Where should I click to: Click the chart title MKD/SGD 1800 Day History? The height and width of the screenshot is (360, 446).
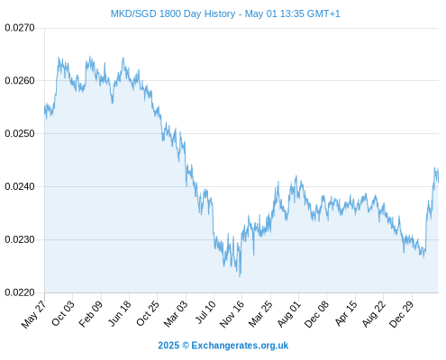[173, 13]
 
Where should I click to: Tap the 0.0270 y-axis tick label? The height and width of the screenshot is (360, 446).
[20, 28]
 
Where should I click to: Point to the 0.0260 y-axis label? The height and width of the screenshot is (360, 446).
[20, 80]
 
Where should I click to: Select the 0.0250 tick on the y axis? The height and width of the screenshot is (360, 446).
[20, 133]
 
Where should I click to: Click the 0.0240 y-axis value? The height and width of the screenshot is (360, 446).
[20, 186]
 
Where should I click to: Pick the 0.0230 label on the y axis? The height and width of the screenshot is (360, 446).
[20, 239]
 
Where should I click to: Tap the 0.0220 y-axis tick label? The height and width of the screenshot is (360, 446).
[20, 292]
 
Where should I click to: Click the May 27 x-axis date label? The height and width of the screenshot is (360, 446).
[34, 314]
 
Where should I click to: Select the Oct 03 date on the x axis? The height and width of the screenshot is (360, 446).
[62, 313]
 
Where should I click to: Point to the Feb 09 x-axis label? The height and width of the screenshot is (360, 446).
[91, 313]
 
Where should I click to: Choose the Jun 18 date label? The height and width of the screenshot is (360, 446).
[119, 313]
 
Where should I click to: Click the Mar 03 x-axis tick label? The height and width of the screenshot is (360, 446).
[176, 313]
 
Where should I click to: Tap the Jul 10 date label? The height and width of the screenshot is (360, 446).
[205, 312]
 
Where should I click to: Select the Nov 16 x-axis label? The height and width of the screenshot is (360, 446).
[232, 314]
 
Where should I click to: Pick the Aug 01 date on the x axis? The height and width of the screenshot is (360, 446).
[289, 313]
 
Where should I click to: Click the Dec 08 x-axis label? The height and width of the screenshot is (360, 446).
[316, 314]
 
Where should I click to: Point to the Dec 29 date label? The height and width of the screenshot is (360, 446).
[402, 314]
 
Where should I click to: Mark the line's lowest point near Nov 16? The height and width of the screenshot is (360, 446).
[240, 276]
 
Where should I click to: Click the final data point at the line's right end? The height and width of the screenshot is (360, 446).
[439, 182]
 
